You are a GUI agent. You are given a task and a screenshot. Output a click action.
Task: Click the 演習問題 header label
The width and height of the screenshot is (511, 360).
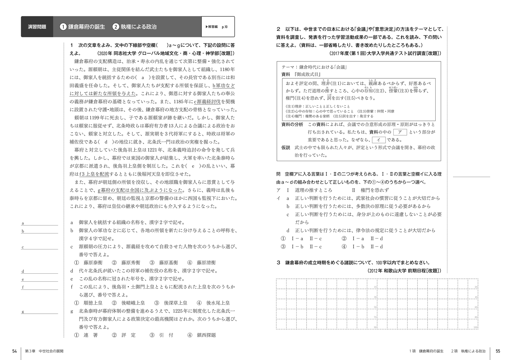tap(37, 27)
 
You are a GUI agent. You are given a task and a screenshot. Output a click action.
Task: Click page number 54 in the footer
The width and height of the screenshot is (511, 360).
tap(14, 351)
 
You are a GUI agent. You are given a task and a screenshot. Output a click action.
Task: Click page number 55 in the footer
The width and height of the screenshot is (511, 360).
tap(498, 351)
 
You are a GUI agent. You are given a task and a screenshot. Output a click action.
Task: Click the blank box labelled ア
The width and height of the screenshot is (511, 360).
tap(400, 132)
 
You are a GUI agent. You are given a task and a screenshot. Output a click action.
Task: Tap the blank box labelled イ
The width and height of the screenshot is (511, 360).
tap(379, 140)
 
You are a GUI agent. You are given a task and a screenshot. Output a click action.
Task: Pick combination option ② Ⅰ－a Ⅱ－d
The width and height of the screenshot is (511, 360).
tap(362, 239)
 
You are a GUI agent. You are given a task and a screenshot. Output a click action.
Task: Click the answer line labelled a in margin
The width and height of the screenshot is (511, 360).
tap(39, 223)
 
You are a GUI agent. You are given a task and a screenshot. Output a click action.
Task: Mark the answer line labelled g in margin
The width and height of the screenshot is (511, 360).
tap(39, 312)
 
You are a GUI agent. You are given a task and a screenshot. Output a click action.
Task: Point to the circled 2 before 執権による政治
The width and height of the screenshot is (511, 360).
tap(116, 27)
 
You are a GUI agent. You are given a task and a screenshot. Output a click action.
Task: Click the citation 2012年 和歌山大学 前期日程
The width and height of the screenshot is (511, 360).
tap(404, 271)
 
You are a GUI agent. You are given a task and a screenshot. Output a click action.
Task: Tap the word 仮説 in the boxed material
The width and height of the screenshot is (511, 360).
tap(286, 147)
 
